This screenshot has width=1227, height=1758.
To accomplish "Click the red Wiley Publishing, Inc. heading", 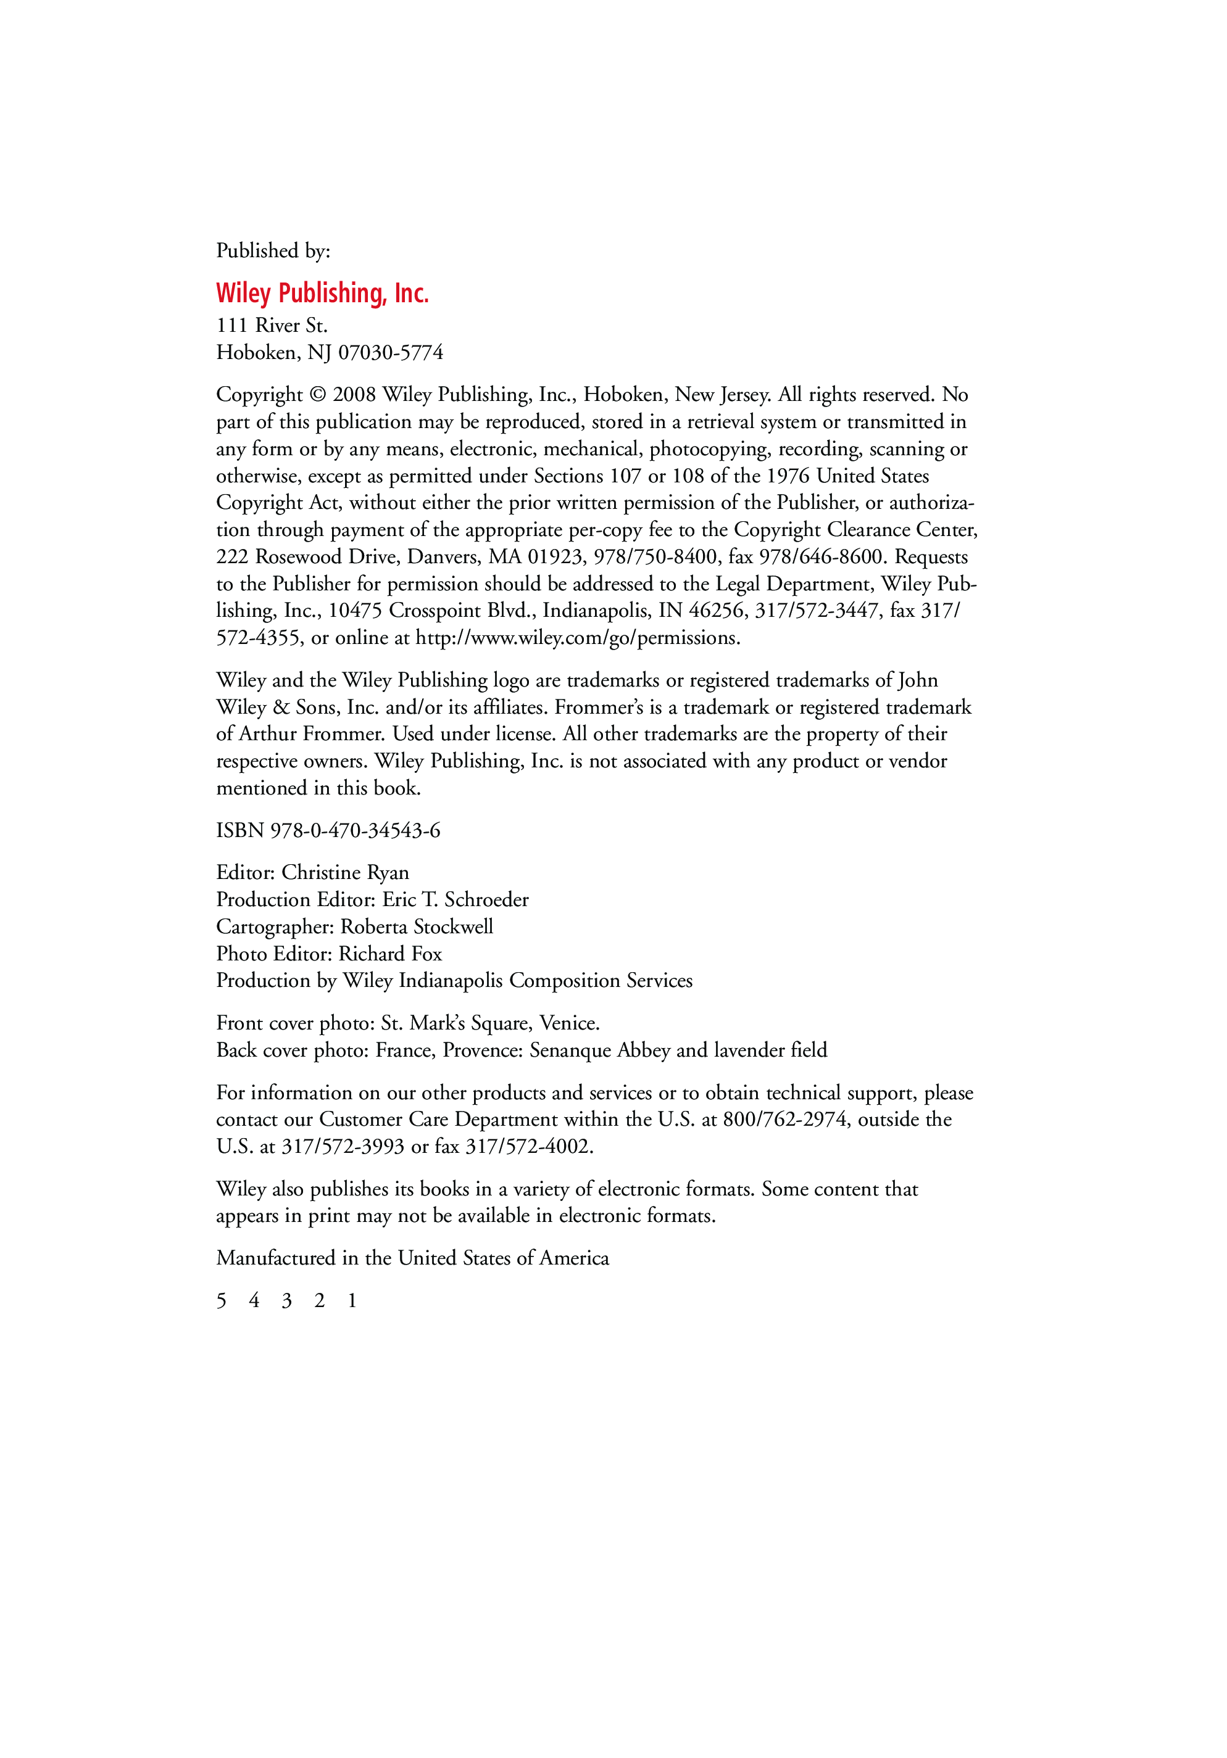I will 322,293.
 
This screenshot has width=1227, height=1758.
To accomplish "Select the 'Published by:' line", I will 273,251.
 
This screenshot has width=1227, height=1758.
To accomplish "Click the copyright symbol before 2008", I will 318,395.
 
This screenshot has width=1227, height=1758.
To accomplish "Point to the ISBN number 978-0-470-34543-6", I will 355,831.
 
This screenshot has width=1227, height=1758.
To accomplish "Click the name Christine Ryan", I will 346,873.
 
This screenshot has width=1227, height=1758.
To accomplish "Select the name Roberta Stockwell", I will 417,927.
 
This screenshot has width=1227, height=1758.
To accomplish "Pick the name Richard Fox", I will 391,954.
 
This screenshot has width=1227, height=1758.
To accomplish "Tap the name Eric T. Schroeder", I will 455,900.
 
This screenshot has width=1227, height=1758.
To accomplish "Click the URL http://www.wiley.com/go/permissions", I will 578,638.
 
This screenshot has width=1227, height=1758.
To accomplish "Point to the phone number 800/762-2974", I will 784,1120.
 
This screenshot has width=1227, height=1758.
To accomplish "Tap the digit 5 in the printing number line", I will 222,1301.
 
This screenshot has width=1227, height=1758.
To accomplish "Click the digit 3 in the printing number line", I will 286,1301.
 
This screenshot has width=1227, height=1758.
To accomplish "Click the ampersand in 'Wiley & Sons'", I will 281,708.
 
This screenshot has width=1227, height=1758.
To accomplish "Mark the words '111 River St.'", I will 272,326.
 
